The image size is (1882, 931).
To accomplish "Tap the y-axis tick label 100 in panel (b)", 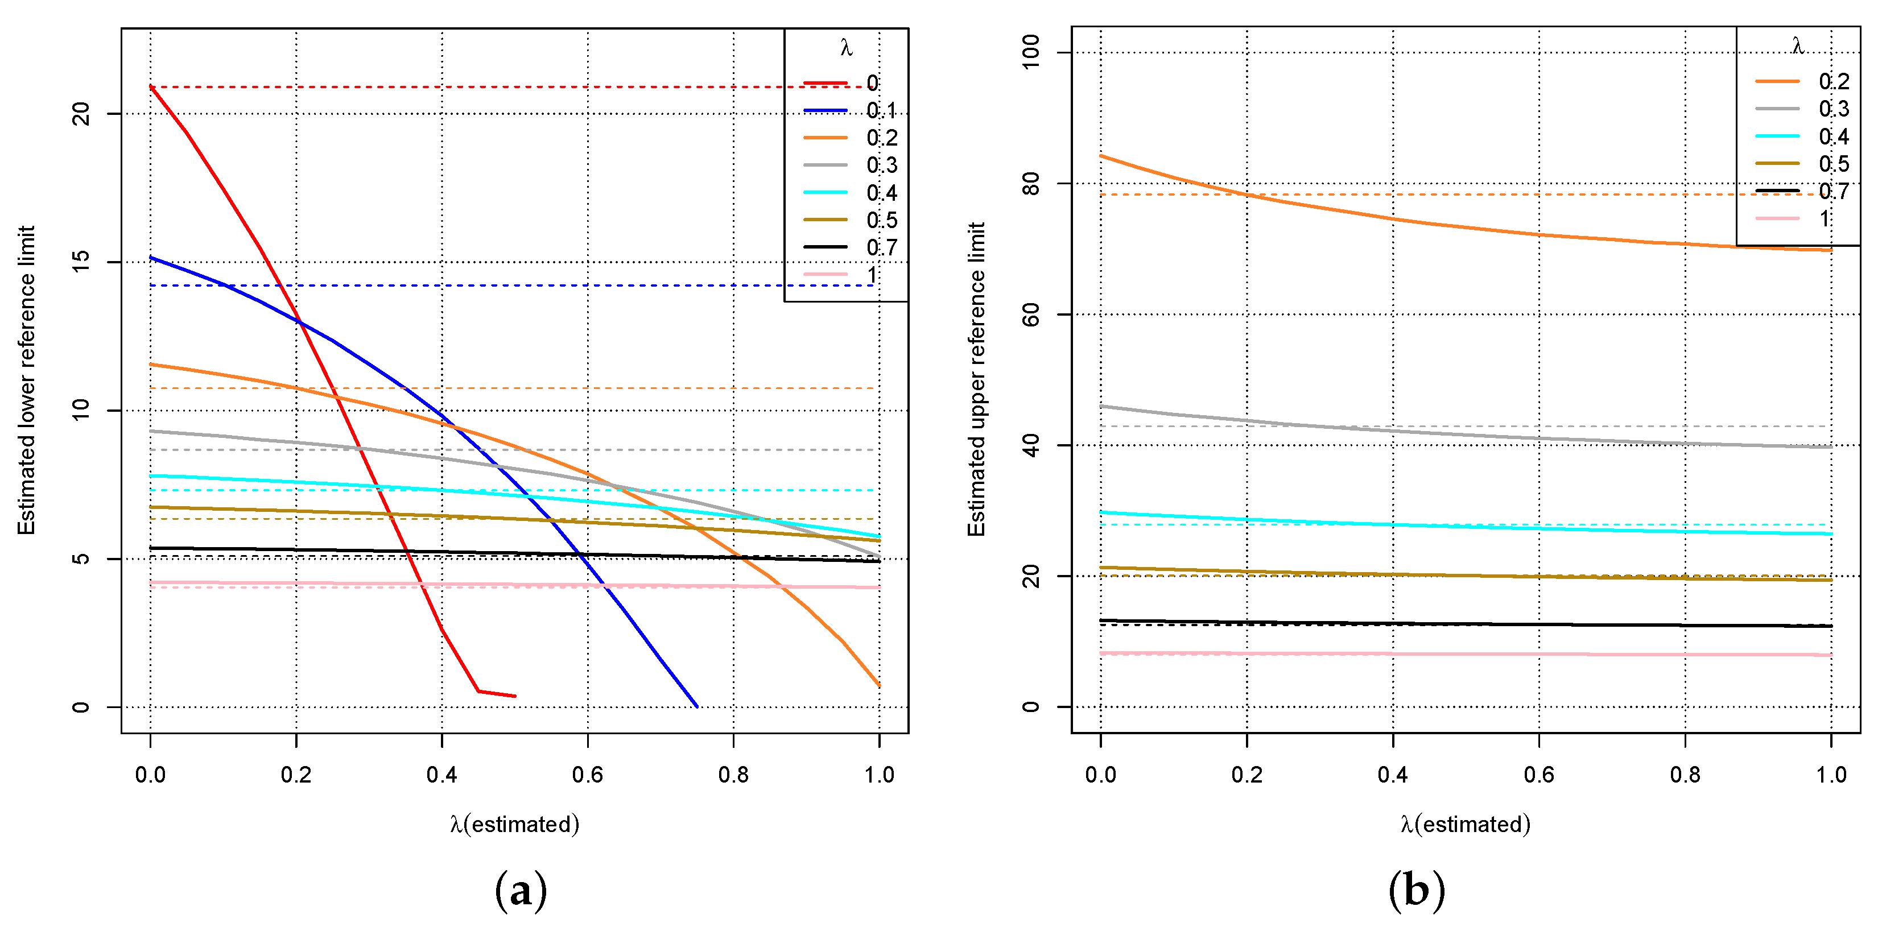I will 1031,52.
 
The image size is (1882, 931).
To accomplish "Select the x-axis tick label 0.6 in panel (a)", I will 587,775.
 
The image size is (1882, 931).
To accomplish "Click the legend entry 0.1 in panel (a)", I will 881,110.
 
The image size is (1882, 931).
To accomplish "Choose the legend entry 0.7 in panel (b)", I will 1833,191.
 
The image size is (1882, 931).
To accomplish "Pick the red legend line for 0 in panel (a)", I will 826,83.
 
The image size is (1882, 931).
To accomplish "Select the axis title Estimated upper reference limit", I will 977,380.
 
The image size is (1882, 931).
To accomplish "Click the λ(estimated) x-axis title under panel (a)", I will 514,825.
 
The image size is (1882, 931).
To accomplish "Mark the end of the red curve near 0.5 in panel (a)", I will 514,696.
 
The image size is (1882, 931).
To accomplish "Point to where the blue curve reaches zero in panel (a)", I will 696,706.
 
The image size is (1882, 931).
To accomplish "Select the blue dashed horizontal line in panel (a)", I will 511,285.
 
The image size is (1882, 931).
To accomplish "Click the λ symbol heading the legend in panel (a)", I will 846,48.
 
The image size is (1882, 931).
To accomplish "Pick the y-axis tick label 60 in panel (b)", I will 1031,315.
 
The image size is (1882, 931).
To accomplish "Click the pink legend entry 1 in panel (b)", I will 1825,218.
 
